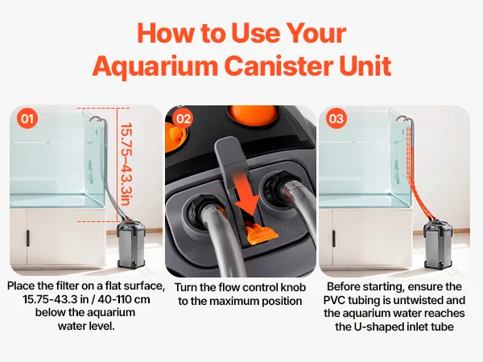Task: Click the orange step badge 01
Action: (x=27, y=118)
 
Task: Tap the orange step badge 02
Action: (x=184, y=118)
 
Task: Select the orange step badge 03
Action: (x=336, y=118)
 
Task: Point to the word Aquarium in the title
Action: (x=155, y=66)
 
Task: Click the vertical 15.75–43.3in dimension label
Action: (x=126, y=164)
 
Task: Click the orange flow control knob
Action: (x=262, y=234)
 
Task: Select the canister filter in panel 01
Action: (x=131, y=243)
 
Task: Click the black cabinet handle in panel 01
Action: (x=27, y=239)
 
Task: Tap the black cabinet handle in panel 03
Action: (x=334, y=239)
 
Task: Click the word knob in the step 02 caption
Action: (x=293, y=287)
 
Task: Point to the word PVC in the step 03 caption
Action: (x=334, y=300)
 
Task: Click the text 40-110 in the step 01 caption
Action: (x=111, y=299)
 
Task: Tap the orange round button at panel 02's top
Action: (x=252, y=115)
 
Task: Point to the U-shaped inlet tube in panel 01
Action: (x=98, y=120)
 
